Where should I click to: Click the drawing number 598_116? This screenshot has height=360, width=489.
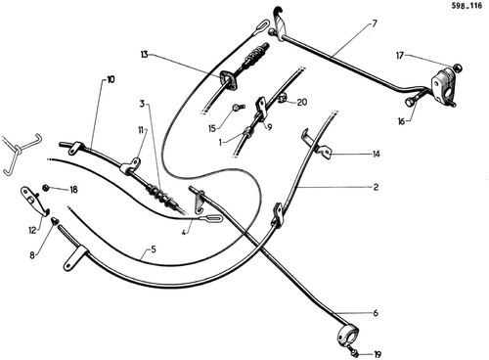pyautogui.click(x=467, y=6)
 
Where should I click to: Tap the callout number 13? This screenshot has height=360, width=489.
pyautogui.click(x=145, y=55)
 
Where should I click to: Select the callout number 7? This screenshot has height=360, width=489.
pyautogui.click(x=374, y=23)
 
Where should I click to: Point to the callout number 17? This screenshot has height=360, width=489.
pyautogui.click(x=400, y=56)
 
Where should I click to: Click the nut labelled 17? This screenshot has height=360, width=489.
pyautogui.click(x=457, y=67)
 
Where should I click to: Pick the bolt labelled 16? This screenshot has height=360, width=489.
pyautogui.click(x=416, y=99)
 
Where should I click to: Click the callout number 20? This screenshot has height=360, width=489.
pyautogui.click(x=302, y=102)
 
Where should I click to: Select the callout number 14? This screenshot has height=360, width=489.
pyautogui.click(x=377, y=154)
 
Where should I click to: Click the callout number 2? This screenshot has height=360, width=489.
pyautogui.click(x=376, y=187)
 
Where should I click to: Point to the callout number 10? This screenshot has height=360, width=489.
pyautogui.click(x=111, y=79)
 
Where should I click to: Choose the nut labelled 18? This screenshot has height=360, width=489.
pyautogui.click(x=46, y=188)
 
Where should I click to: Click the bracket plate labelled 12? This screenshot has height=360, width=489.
pyautogui.click(x=35, y=201)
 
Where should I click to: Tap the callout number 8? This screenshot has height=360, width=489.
pyautogui.click(x=32, y=255)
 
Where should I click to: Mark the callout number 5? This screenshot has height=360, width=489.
pyautogui.click(x=154, y=249)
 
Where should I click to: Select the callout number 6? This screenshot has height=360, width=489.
pyautogui.click(x=376, y=313)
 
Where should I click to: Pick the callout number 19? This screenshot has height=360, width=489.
pyautogui.click(x=378, y=354)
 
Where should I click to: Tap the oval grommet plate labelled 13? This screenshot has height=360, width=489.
pyautogui.click(x=229, y=81)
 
